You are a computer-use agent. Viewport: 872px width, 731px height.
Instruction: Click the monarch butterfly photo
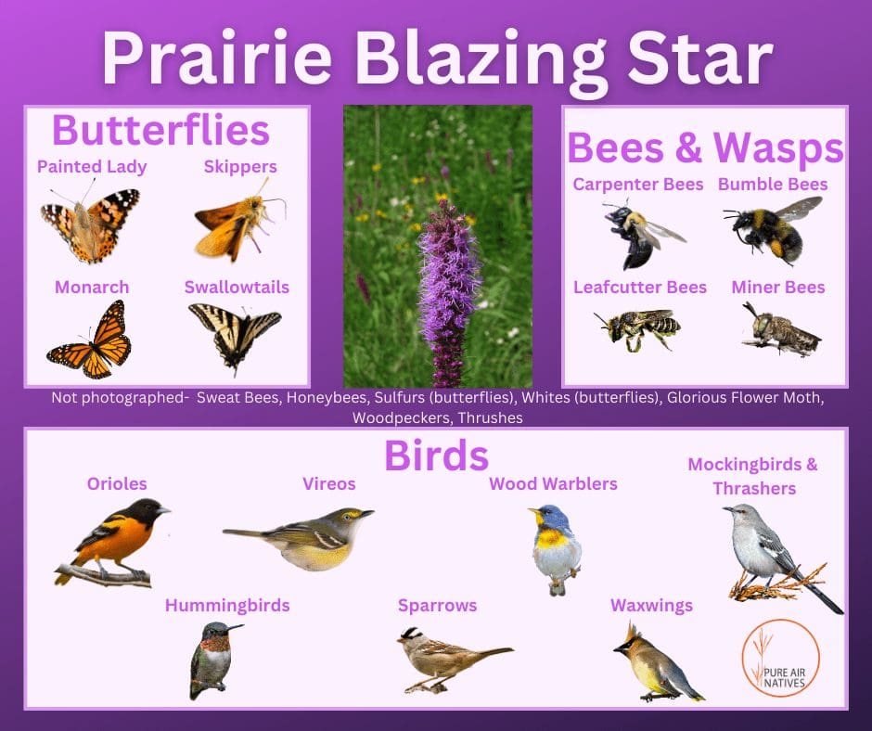90,340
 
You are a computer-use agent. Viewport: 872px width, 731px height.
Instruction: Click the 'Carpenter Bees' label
638,184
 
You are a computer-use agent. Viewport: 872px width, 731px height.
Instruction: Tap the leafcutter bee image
638,328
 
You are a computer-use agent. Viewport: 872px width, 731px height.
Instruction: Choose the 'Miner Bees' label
778,287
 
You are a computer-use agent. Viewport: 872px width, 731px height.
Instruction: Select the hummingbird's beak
234,627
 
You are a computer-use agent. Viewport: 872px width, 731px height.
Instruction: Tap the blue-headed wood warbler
556,548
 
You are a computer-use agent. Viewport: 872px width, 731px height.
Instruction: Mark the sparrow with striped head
454,659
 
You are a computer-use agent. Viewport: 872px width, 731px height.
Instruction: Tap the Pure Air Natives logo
780,658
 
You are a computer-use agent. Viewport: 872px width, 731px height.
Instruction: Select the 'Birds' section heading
436,455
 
